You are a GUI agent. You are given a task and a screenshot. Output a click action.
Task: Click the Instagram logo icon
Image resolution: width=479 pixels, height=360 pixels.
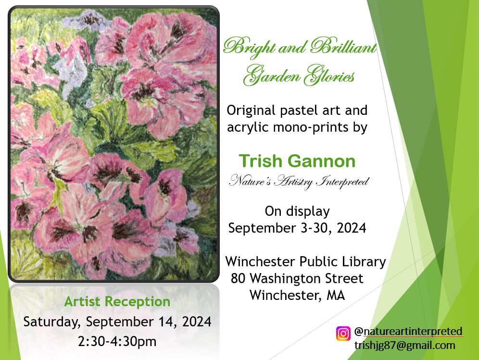(x=343, y=334)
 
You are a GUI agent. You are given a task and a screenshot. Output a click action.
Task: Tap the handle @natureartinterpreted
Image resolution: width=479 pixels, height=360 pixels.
(x=408, y=331)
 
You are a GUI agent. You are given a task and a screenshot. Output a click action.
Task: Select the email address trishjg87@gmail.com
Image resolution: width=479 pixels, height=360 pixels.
(x=405, y=346)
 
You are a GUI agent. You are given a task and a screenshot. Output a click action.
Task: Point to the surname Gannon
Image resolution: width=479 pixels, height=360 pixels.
(x=322, y=161)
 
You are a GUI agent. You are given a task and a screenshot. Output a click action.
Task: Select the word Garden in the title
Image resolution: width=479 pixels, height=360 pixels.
(x=271, y=75)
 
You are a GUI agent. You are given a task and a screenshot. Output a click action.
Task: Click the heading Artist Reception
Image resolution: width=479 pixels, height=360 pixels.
(x=117, y=302)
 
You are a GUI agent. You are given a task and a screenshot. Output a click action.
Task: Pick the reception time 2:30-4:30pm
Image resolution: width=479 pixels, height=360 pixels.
(x=117, y=341)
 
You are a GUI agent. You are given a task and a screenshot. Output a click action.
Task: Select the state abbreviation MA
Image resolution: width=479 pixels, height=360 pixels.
(x=336, y=295)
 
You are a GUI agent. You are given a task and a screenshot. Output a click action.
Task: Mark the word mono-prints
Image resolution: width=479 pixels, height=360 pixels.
(x=311, y=127)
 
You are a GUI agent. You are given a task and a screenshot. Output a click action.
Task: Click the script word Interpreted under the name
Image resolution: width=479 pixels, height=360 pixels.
(x=343, y=181)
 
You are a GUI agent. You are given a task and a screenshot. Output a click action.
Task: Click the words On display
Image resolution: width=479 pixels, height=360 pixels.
(x=297, y=211)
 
